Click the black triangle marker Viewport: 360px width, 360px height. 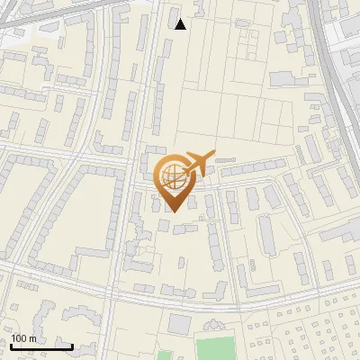point(181,24)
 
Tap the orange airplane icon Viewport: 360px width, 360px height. point(197,165)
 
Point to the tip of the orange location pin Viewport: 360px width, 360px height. point(173,212)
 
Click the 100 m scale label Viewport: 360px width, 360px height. point(23,339)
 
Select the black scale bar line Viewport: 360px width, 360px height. point(41,346)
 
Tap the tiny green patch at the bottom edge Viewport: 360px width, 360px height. point(163,356)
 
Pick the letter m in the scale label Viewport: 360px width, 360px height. point(32,339)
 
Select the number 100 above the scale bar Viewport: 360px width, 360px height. point(19,339)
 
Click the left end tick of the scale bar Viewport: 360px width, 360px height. point(11,346)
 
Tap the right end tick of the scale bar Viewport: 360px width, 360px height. point(72,346)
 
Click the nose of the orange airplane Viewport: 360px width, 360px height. point(212,154)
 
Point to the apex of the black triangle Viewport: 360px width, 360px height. point(181,19)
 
